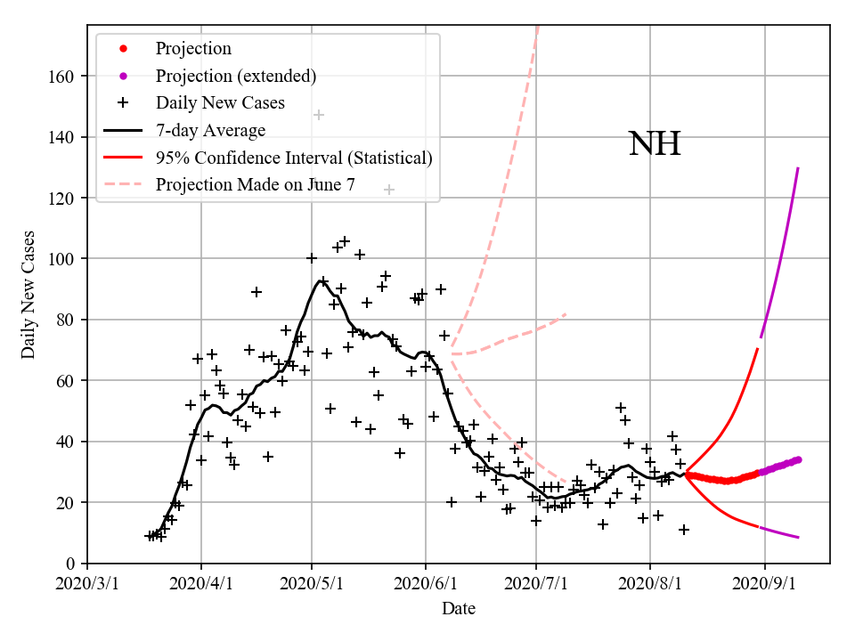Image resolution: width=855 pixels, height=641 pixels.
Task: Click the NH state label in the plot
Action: (655, 143)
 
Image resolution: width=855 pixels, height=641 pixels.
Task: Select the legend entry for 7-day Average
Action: (210, 131)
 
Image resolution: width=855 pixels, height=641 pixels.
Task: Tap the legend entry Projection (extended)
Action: (235, 76)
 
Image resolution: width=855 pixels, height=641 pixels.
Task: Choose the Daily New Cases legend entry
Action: (220, 103)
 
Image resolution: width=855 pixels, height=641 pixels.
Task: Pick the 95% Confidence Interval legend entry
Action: (294, 158)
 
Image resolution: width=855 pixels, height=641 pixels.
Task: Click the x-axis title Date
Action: (458, 609)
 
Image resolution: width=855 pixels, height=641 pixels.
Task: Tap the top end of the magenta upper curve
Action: (798, 168)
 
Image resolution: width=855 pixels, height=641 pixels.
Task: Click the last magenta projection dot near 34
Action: (798, 459)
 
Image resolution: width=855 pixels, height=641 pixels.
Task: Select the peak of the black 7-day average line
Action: (321, 281)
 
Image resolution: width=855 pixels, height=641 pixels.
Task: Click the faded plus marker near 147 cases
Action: (318, 115)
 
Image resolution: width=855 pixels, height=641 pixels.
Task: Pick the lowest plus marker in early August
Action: (684, 530)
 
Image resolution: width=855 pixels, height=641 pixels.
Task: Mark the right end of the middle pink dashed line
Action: (566, 314)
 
